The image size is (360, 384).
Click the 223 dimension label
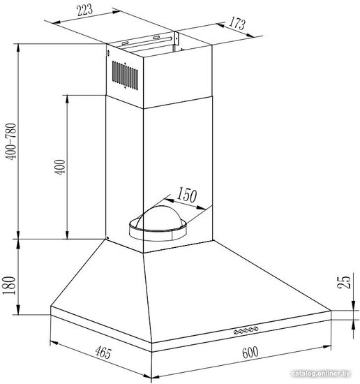(x=84, y=10)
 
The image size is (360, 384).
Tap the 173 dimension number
(x=237, y=24)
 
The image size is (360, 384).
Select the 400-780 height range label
(x=11, y=142)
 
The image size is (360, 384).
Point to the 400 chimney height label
(x=60, y=167)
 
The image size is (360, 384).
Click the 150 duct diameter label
(x=187, y=195)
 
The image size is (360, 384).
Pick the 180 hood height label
(x=9, y=286)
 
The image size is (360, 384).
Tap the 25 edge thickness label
(x=344, y=282)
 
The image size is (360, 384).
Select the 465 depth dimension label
(x=103, y=352)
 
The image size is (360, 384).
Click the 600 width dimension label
(x=250, y=353)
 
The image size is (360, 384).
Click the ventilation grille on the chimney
(x=125, y=75)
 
